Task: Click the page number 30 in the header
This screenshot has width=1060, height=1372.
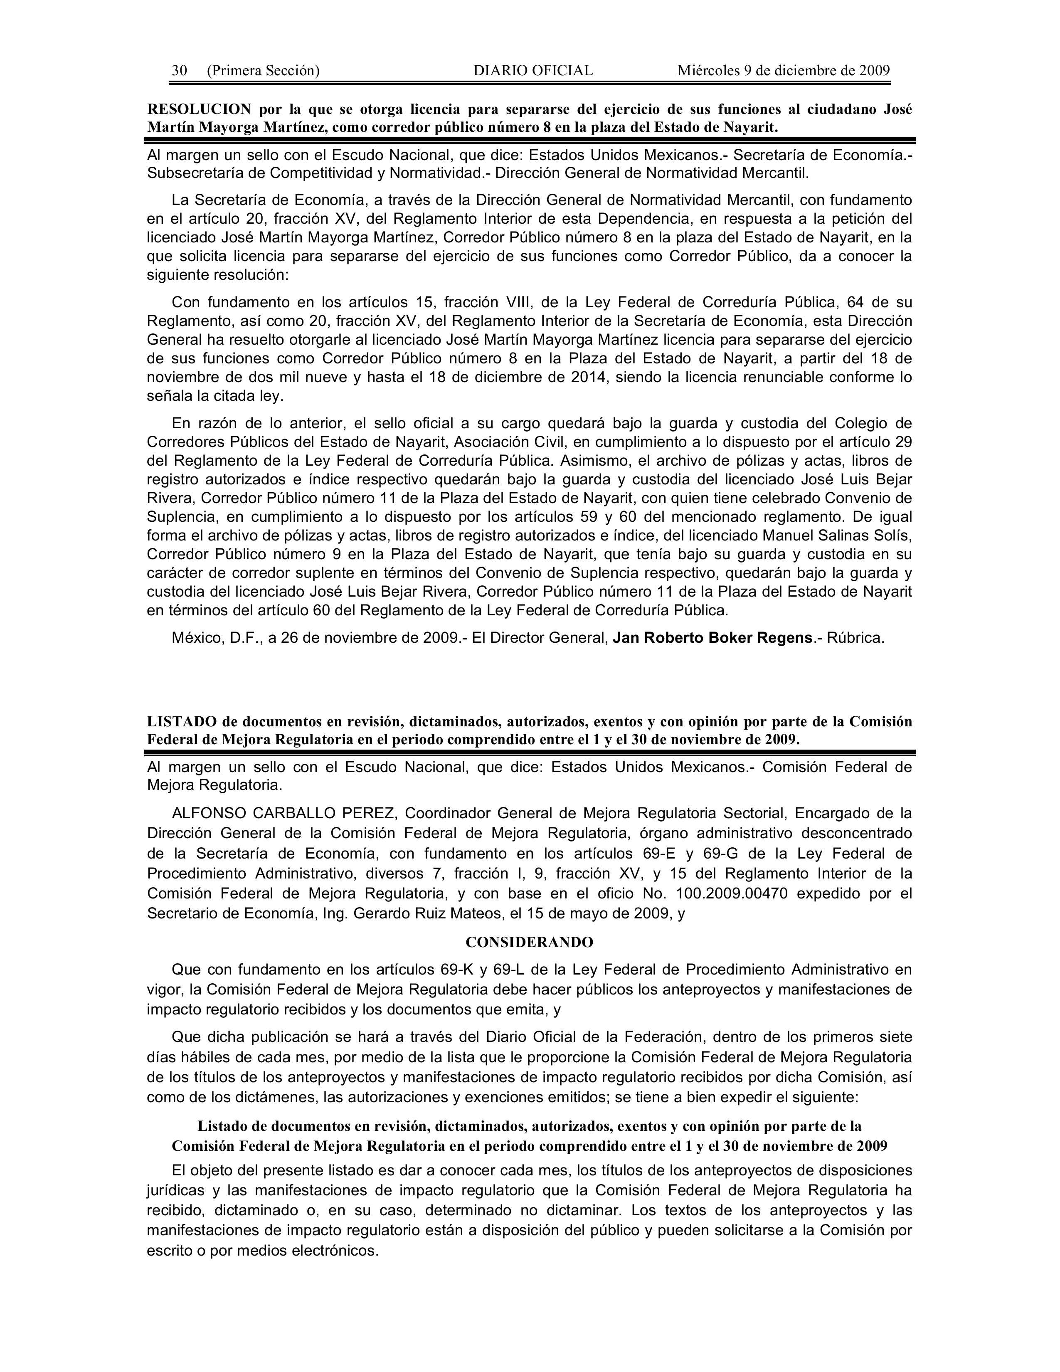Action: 179,70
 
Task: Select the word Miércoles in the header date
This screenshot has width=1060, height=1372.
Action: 708,70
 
